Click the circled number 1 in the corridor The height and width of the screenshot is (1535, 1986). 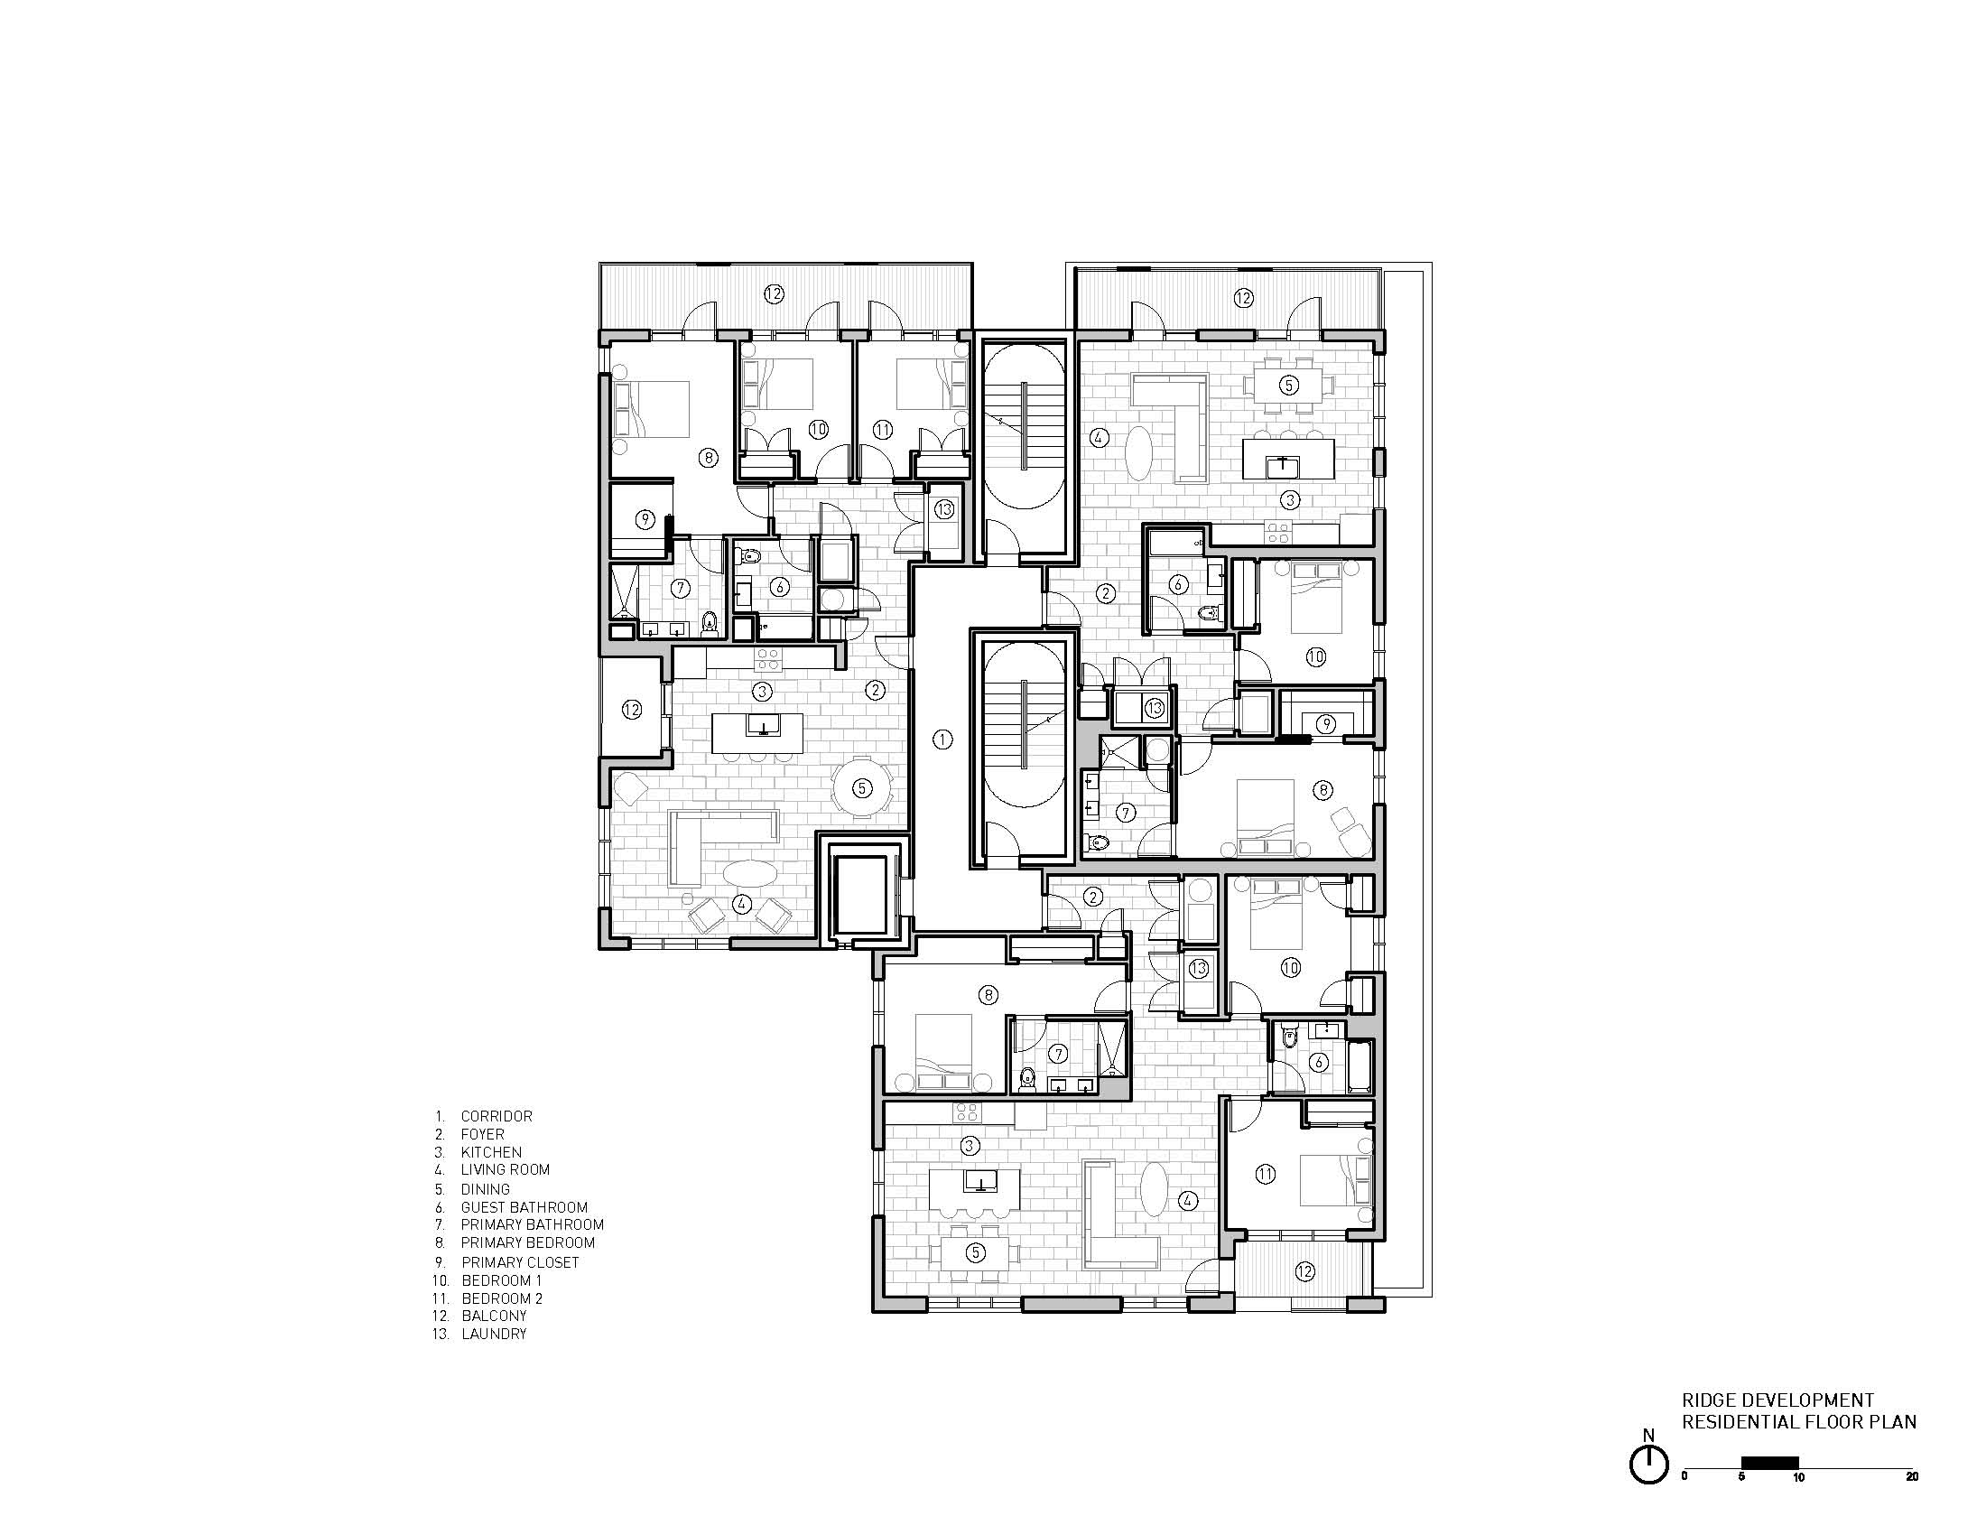(943, 740)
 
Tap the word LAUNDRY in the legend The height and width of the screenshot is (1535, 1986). (494, 1334)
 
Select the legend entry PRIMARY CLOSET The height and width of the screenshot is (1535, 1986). (519, 1262)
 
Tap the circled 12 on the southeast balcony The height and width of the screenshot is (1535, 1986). (1305, 1271)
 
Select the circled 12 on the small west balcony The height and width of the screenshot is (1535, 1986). (632, 710)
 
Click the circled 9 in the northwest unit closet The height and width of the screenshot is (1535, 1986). (645, 520)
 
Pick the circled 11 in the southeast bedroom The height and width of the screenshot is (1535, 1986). (1266, 1175)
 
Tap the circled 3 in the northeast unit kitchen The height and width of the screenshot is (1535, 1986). (1289, 499)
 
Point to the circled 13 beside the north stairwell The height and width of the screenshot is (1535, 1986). (944, 510)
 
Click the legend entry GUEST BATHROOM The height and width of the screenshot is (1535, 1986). (524, 1207)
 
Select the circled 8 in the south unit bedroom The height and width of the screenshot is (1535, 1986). (989, 996)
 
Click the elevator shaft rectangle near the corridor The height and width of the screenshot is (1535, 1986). (860, 895)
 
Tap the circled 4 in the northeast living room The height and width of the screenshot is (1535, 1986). (1100, 437)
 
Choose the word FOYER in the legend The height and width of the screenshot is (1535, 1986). (482, 1134)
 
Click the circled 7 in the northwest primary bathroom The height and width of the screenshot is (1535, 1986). (680, 589)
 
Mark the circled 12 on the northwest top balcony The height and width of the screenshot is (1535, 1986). (773, 293)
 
